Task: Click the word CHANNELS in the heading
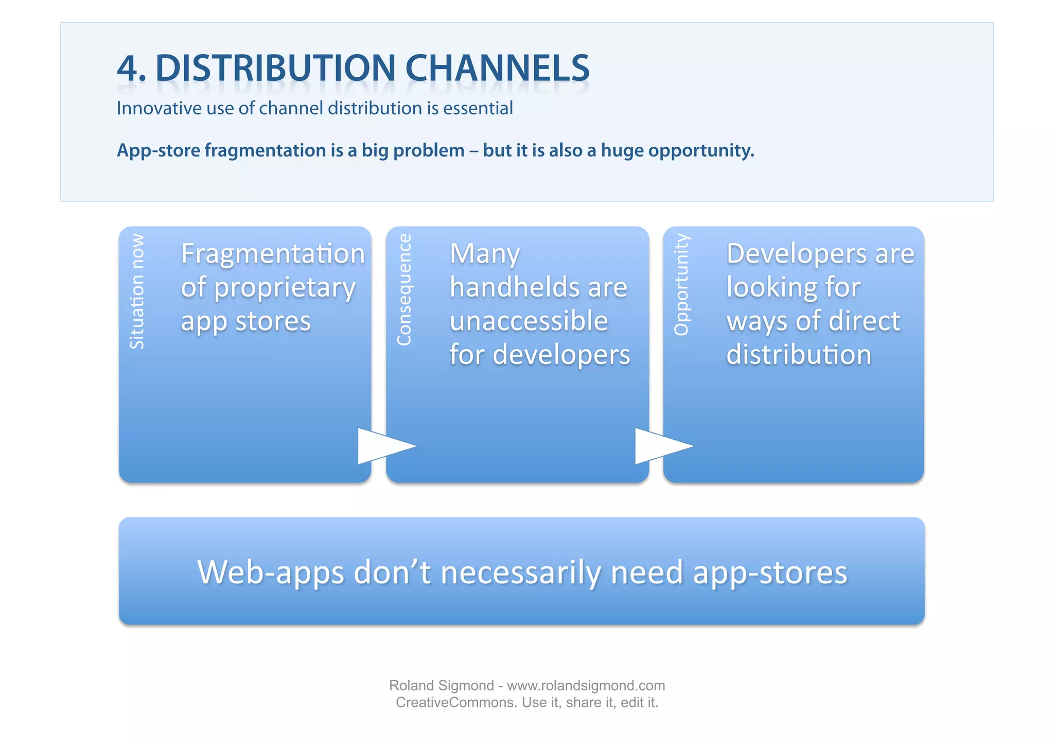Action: coord(497,68)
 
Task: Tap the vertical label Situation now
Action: coord(137,291)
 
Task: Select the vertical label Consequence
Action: coord(405,289)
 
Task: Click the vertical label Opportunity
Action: coord(682,285)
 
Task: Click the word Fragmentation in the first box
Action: coord(273,254)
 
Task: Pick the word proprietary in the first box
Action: coord(285,288)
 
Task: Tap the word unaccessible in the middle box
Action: coord(529,321)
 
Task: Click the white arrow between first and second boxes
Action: coord(383,446)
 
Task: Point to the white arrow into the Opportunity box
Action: coord(660,446)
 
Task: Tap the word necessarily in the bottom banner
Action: coord(520,573)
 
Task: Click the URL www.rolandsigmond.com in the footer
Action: coord(586,686)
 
